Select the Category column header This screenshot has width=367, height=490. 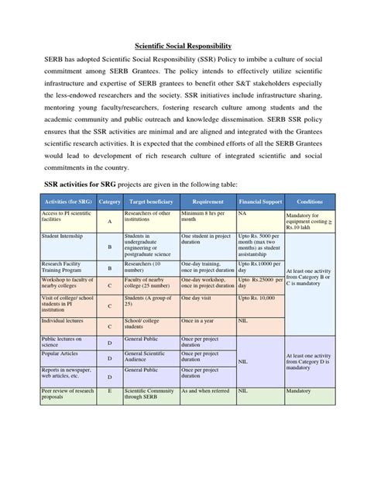(x=109, y=201)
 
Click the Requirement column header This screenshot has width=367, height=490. (x=208, y=201)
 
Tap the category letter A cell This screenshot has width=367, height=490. (x=110, y=220)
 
